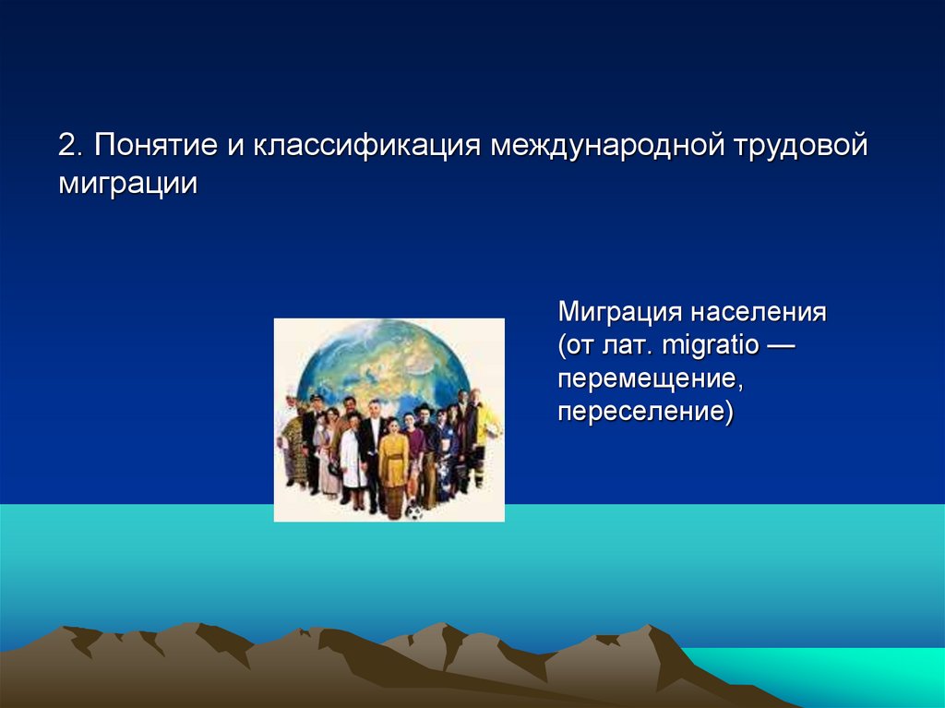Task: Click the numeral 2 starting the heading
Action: [67, 146]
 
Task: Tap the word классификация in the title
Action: [365, 147]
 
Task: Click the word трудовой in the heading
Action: [802, 147]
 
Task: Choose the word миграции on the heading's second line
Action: [128, 182]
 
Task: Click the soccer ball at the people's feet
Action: [415, 511]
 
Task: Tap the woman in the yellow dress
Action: [393, 462]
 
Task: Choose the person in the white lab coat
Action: [353, 457]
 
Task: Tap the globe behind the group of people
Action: [388, 360]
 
